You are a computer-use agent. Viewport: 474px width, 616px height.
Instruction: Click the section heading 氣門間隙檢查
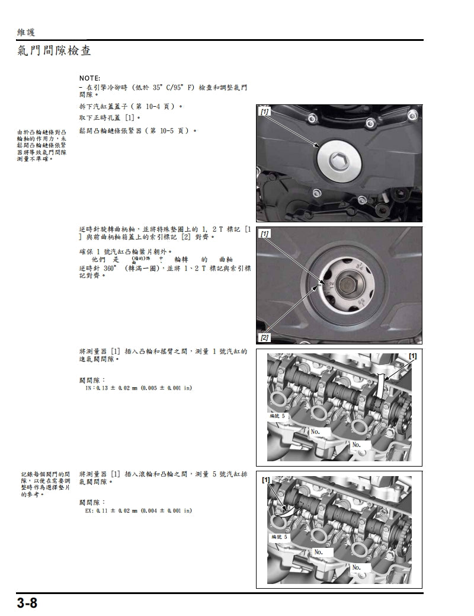tap(54, 51)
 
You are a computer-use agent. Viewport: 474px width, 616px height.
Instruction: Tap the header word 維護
tap(27, 32)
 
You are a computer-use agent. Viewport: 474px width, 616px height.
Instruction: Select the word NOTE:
tap(89, 78)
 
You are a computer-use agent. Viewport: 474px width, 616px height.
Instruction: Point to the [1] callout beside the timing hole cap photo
tap(264, 111)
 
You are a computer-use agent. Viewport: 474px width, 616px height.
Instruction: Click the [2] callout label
tap(264, 337)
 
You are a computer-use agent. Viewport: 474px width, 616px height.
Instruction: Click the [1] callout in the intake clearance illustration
tap(412, 356)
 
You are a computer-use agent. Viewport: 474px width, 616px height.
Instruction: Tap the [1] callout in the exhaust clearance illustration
tap(266, 479)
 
